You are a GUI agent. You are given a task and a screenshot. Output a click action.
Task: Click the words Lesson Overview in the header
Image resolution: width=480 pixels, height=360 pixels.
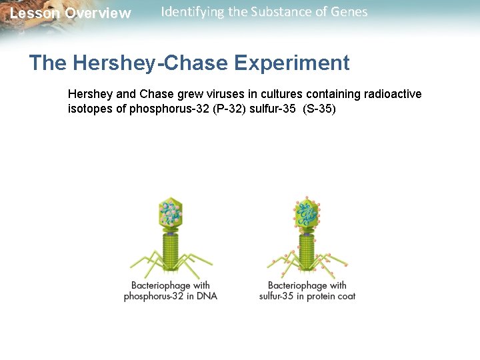coord(71,13)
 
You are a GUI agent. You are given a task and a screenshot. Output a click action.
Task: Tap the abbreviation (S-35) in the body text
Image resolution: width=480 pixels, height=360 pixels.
coord(319,109)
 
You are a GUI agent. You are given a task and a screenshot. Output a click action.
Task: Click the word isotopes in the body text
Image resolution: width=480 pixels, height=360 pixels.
coord(90,109)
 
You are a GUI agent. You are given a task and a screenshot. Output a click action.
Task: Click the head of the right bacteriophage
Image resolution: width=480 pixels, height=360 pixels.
coord(307,211)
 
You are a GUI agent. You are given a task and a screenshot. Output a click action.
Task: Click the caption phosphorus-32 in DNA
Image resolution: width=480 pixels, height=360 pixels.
coord(171,296)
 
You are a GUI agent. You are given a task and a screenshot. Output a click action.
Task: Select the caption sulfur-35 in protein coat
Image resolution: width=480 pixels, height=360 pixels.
coord(307,296)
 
